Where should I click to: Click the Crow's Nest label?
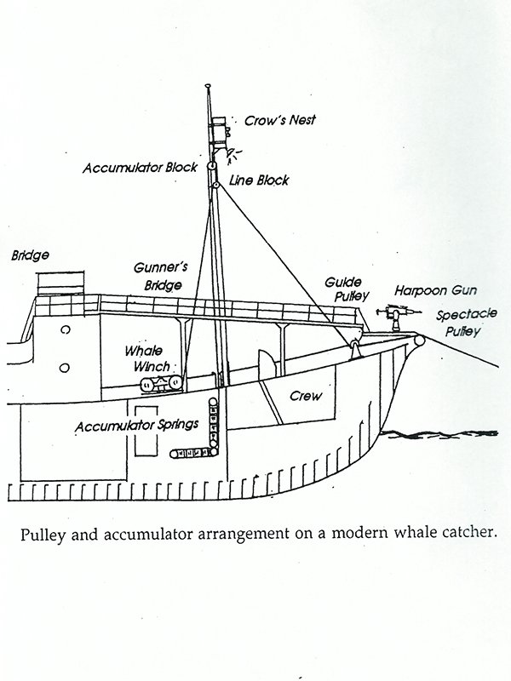[x=280, y=121]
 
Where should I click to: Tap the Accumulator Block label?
[x=140, y=168]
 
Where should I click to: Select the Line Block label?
[x=259, y=180]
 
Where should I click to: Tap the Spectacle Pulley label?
[x=460, y=322]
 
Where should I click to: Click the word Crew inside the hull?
[x=304, y=396]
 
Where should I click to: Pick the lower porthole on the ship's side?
[x=65, y=367]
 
